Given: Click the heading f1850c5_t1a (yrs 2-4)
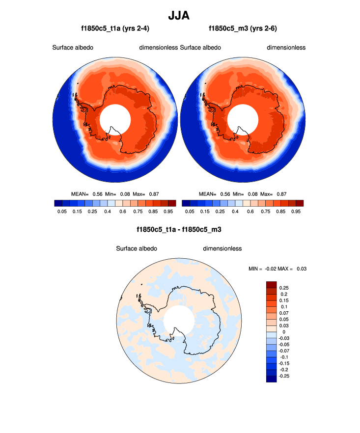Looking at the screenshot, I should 115,28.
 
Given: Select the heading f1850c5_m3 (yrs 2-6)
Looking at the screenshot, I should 243,28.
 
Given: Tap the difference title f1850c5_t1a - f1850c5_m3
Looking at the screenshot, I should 180,229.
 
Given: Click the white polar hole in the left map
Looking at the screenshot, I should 115,120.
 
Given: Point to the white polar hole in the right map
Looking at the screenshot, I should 243,120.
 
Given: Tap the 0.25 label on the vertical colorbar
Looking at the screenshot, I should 284,288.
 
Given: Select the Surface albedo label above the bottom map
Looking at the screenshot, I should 137,248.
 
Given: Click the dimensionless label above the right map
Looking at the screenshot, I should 286,48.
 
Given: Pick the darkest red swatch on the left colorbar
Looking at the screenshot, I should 171,203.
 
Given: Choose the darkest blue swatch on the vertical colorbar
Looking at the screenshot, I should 272,379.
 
